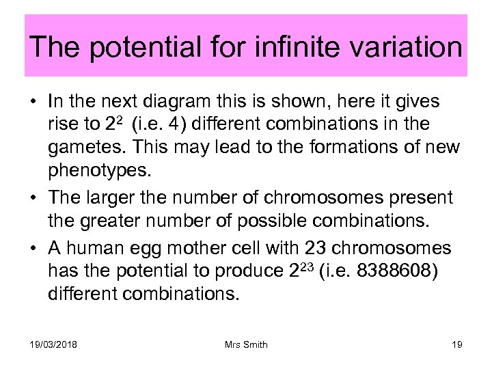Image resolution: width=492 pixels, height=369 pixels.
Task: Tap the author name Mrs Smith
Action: [x=246, y=344]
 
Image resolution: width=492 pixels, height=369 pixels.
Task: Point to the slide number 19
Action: [x=457, y=344]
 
